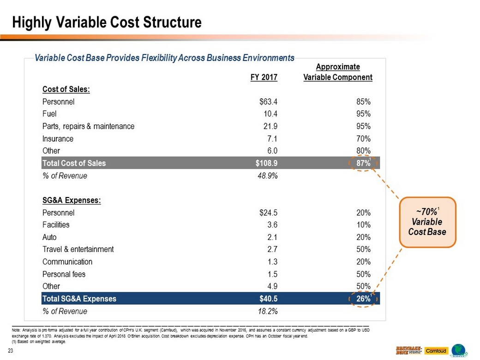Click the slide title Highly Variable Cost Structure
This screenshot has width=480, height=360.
(107, 23)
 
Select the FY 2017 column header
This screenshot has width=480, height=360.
(264, 78)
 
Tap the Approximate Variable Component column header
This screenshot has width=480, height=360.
(338, 72)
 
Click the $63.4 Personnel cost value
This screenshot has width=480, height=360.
(268, 102)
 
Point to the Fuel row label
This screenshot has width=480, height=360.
(49, 114)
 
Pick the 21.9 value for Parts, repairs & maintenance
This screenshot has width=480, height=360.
(270, 126)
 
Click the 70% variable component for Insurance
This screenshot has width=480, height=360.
(363, 138)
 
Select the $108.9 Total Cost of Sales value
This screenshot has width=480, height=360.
(265, 163)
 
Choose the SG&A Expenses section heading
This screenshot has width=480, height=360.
(72, 201)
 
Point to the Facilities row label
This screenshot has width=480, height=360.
(56, 225)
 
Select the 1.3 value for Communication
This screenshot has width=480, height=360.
(272, 262)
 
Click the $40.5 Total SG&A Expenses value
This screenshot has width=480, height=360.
(268, 299)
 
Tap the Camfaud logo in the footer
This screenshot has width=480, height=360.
(436, 350)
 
